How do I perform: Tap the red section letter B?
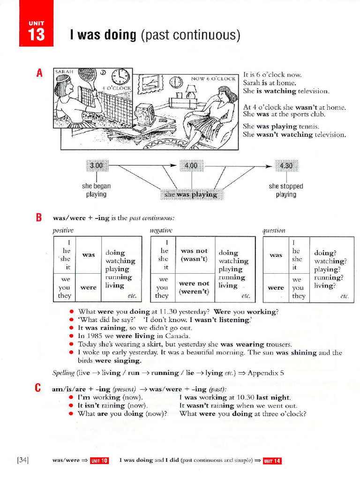(x=39, y=217)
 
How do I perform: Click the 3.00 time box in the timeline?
(x=97, y=165)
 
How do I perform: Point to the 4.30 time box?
(x=285, y=165)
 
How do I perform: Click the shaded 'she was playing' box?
(x=191, y=194)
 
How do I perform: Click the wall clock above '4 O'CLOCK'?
(x=121, y=76)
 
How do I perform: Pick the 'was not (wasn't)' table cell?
(x=194, y=255)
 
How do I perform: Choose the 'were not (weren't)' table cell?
(x=194, y=287)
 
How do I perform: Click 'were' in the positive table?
(x=89, y=287)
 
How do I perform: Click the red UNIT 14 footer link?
(x=272, y=461)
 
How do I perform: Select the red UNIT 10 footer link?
(x=99, y=461)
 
